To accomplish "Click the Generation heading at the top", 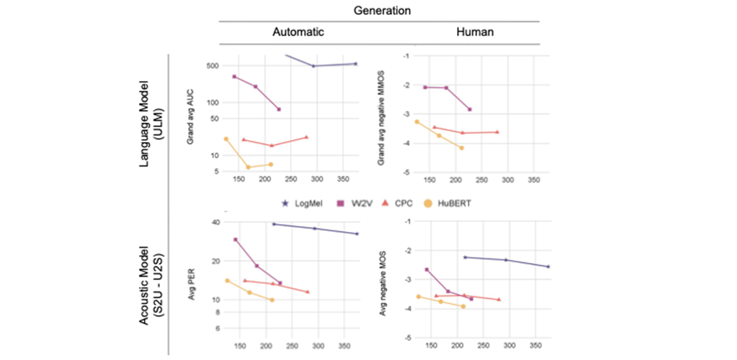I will (382, 10).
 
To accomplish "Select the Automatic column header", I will (298, 33).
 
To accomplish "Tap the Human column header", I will (474, 33).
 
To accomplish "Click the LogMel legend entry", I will (300, 203).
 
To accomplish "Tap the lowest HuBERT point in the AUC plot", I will (248, 167).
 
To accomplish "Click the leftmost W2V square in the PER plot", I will (235, 240).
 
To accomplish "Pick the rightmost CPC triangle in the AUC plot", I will (306, 137).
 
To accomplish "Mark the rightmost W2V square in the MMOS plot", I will (470, 109).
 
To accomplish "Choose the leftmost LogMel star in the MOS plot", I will (465, 257).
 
